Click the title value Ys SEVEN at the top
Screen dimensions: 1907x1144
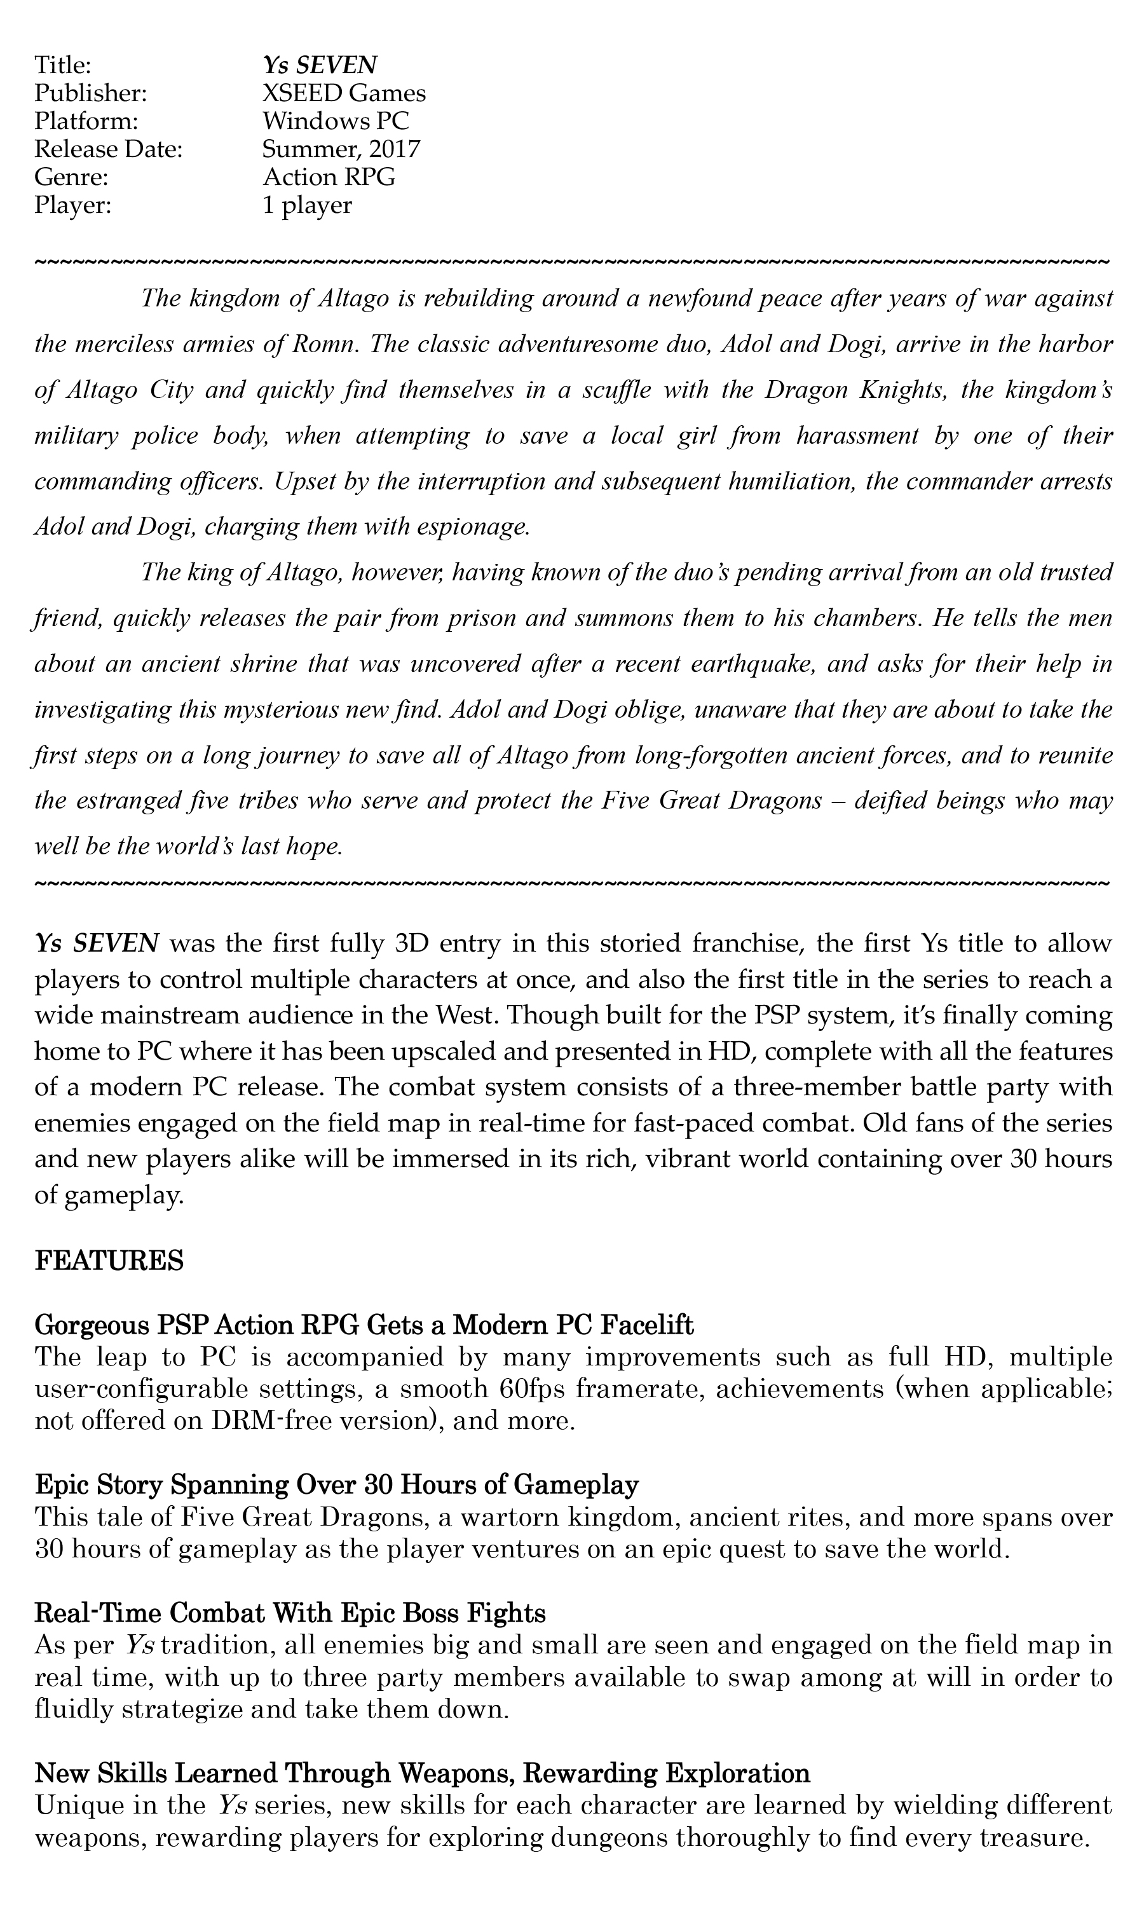(x=320, y=65)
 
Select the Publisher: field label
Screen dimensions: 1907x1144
(x=90, y=93)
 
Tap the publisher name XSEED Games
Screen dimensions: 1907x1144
(x=344, y=93)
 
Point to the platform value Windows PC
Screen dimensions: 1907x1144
(x=336, y=121)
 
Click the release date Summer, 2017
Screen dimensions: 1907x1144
(x=341, y=149)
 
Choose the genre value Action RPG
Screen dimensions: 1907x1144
(x=329, y=177)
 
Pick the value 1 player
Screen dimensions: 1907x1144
(x=307, y=205)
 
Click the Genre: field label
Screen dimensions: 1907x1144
(x=71, y=177)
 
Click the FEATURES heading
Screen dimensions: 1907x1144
(x=109, y=1261)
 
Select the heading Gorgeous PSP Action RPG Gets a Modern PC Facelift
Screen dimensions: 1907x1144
(x=365, y=1325)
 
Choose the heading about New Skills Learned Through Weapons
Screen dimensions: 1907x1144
(x=423, y=1774)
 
